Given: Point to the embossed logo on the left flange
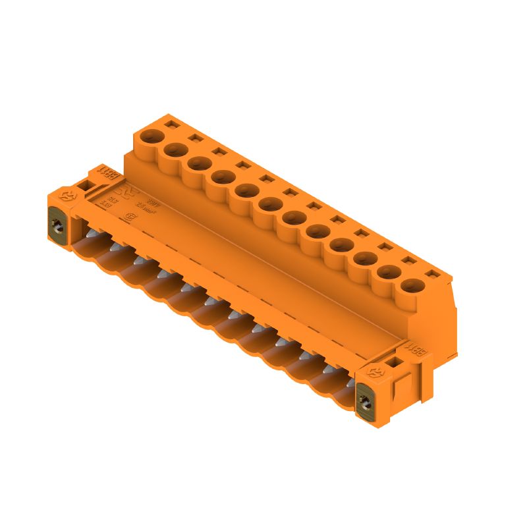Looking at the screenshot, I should click(67, 196).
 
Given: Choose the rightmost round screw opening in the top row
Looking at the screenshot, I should click(412, 286).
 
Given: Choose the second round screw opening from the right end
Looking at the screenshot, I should click(389, 272).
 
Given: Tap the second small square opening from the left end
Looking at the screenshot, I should click(195, 137).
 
